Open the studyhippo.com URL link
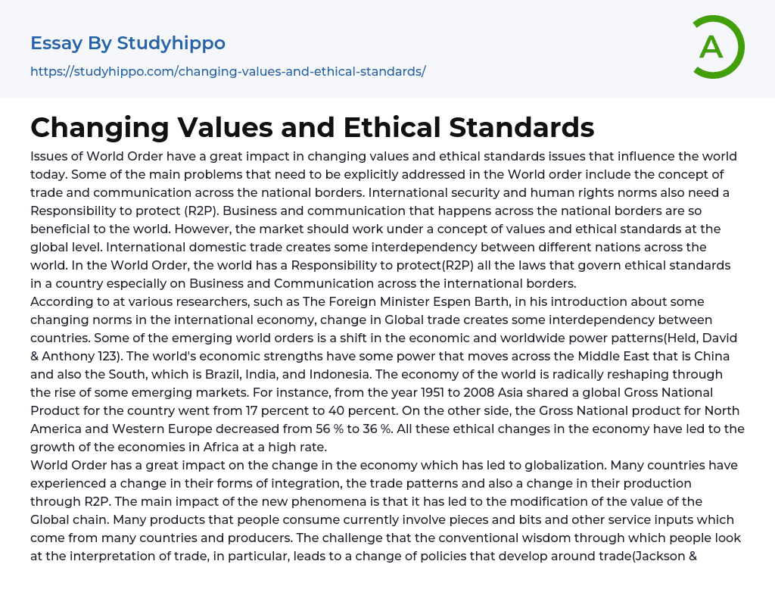(x=228, y=71)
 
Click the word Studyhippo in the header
(x=171, y=43)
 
